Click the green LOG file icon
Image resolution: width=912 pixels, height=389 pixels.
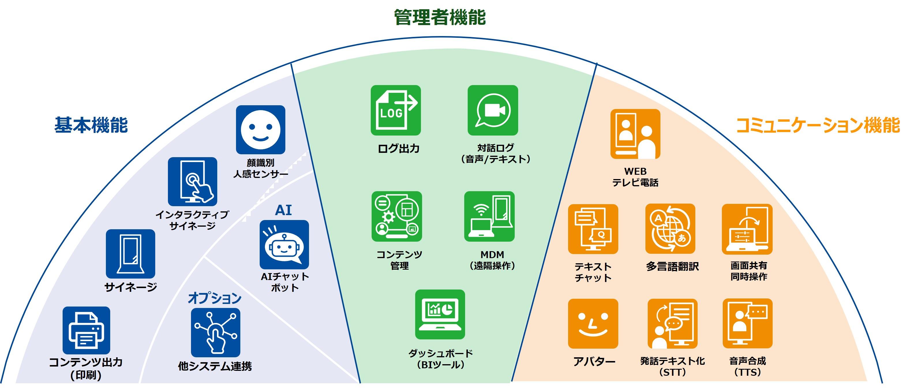(396, 110)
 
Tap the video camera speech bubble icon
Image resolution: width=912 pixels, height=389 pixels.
(492, 110)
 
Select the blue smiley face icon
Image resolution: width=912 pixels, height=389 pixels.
(261, 129)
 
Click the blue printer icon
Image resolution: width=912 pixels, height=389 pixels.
(86, 330)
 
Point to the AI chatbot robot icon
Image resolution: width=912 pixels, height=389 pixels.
(284, 245)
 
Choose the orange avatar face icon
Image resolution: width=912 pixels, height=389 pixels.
(593, 324)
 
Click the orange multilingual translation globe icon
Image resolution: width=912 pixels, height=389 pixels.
(670, 229)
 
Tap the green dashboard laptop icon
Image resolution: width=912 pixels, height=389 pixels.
(440, 314)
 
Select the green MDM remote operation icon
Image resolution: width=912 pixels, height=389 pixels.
(489, 216)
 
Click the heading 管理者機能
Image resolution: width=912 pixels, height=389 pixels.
(440, 17)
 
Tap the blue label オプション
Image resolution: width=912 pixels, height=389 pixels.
(215, 298)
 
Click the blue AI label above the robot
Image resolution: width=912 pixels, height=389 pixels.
(283, 210)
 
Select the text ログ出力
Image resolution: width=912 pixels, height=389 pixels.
(399, 149)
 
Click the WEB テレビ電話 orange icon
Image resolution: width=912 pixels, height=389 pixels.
(635, 134)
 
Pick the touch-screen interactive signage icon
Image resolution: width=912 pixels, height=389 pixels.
(192, 182)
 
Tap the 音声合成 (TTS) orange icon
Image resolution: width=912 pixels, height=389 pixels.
(747, 324)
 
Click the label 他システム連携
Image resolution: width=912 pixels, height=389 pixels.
(215, 366)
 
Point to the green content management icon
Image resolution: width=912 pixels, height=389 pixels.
(396, 216)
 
